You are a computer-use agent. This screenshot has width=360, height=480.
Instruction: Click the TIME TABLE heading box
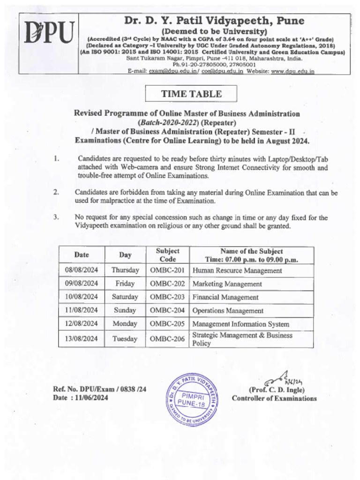(x=191, y=94)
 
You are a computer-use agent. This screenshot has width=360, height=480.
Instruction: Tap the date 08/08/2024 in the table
(x=82, y=270)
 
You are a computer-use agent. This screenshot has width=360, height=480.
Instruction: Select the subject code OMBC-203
(x=167, y=297)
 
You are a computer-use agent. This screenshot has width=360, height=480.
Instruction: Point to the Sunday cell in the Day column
(x=125, y=310)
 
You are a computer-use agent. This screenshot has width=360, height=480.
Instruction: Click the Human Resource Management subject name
(x=237, y=270)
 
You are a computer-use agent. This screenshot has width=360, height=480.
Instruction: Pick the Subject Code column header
(x=167, y=255)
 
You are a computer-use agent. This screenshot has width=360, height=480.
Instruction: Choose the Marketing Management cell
(x=227, y=284)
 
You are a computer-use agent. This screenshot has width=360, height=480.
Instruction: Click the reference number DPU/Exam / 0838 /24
(x=99, y=389)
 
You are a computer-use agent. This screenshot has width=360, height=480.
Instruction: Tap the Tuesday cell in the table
(x=125, y=339)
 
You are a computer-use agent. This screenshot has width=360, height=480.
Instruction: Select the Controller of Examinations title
(x=274, y=398)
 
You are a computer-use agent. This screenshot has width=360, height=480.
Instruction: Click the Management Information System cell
(x=240, y=324)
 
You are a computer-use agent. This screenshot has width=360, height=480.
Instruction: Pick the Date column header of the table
(x=82, y=255)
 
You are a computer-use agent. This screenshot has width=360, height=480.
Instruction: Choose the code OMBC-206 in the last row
(x=167, y=339)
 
